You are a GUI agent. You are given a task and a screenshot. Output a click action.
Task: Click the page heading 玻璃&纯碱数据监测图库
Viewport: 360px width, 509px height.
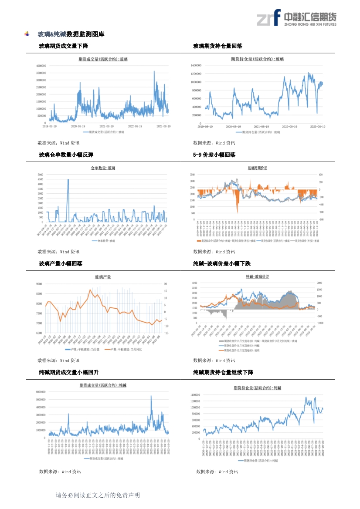(x=71, y=34)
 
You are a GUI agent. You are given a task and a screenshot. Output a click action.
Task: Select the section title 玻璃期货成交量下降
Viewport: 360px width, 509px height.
(x=63, y=46)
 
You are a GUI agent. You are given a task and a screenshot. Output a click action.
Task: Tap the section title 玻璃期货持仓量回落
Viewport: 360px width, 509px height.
(x=217, y=46)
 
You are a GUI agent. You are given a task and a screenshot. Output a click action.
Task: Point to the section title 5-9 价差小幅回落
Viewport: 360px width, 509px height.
(x=214, y=155)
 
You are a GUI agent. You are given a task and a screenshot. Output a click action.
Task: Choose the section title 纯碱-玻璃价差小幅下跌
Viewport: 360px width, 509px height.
(x=222, y=263)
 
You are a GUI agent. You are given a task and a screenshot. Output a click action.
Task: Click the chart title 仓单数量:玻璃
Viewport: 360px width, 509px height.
(x=103, y=168)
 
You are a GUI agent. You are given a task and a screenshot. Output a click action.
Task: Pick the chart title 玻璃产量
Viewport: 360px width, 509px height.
(x=103, y=277)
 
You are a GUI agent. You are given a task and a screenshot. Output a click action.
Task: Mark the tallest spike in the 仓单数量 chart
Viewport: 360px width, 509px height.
(x=68, y=180)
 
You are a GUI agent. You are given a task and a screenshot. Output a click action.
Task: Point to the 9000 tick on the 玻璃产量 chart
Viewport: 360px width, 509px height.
(x=39, y=283)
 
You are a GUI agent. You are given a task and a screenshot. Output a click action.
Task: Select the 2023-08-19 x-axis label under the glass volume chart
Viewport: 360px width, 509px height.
(x=163, y=126)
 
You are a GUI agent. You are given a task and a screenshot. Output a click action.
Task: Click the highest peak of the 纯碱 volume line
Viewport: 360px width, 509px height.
(x=151, y=396)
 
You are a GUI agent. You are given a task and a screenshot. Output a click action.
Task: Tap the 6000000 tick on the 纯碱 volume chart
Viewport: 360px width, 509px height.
(x=41, y=392)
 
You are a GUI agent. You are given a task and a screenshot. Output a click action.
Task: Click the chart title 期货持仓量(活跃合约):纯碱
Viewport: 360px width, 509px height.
(x=258, y=387)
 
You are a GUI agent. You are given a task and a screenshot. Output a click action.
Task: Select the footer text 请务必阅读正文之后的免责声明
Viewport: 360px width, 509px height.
(x=98, y=495)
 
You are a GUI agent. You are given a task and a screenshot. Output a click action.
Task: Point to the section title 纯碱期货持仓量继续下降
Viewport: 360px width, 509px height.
(x=223, y=372)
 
